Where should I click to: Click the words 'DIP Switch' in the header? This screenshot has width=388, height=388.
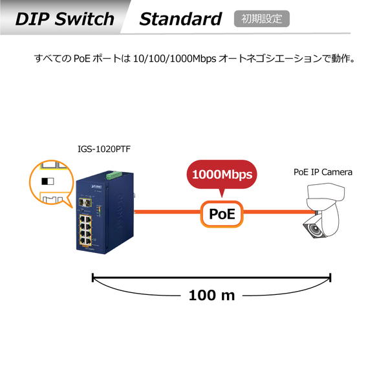pos(64,19)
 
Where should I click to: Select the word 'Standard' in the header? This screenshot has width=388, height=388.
pos(180,19)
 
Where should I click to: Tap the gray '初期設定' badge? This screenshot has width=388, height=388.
pos(261,19)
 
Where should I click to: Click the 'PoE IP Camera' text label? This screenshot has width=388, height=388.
pos(323,172)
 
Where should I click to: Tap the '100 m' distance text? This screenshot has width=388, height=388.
pos(211,296)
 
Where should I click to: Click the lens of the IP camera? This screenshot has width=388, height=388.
pos(311,228)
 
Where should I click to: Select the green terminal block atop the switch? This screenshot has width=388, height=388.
pos(114,175)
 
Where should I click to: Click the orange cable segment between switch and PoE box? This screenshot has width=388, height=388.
pos(166,212)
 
